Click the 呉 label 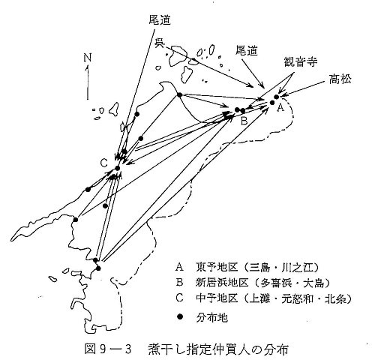[x=159, y=43]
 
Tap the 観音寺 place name [x=300, y=61]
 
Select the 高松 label [x=340, y=79]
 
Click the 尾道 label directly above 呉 [x=160, y=20]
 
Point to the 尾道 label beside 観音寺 [x=247, y=51]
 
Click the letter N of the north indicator [x=88, y=58]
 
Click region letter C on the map [x=103, y=163]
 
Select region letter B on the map [x=244, y=121]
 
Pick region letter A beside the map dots [x=280, y=108]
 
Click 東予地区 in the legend [x=217, y=267]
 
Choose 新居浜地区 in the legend [x=222, y=283]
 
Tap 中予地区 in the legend [x=217, y=298]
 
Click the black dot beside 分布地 [x=179, y=316]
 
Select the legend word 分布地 [x=211, y=318]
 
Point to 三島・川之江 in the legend [x=281, y=268]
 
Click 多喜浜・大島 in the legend [x=292, y=283]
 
